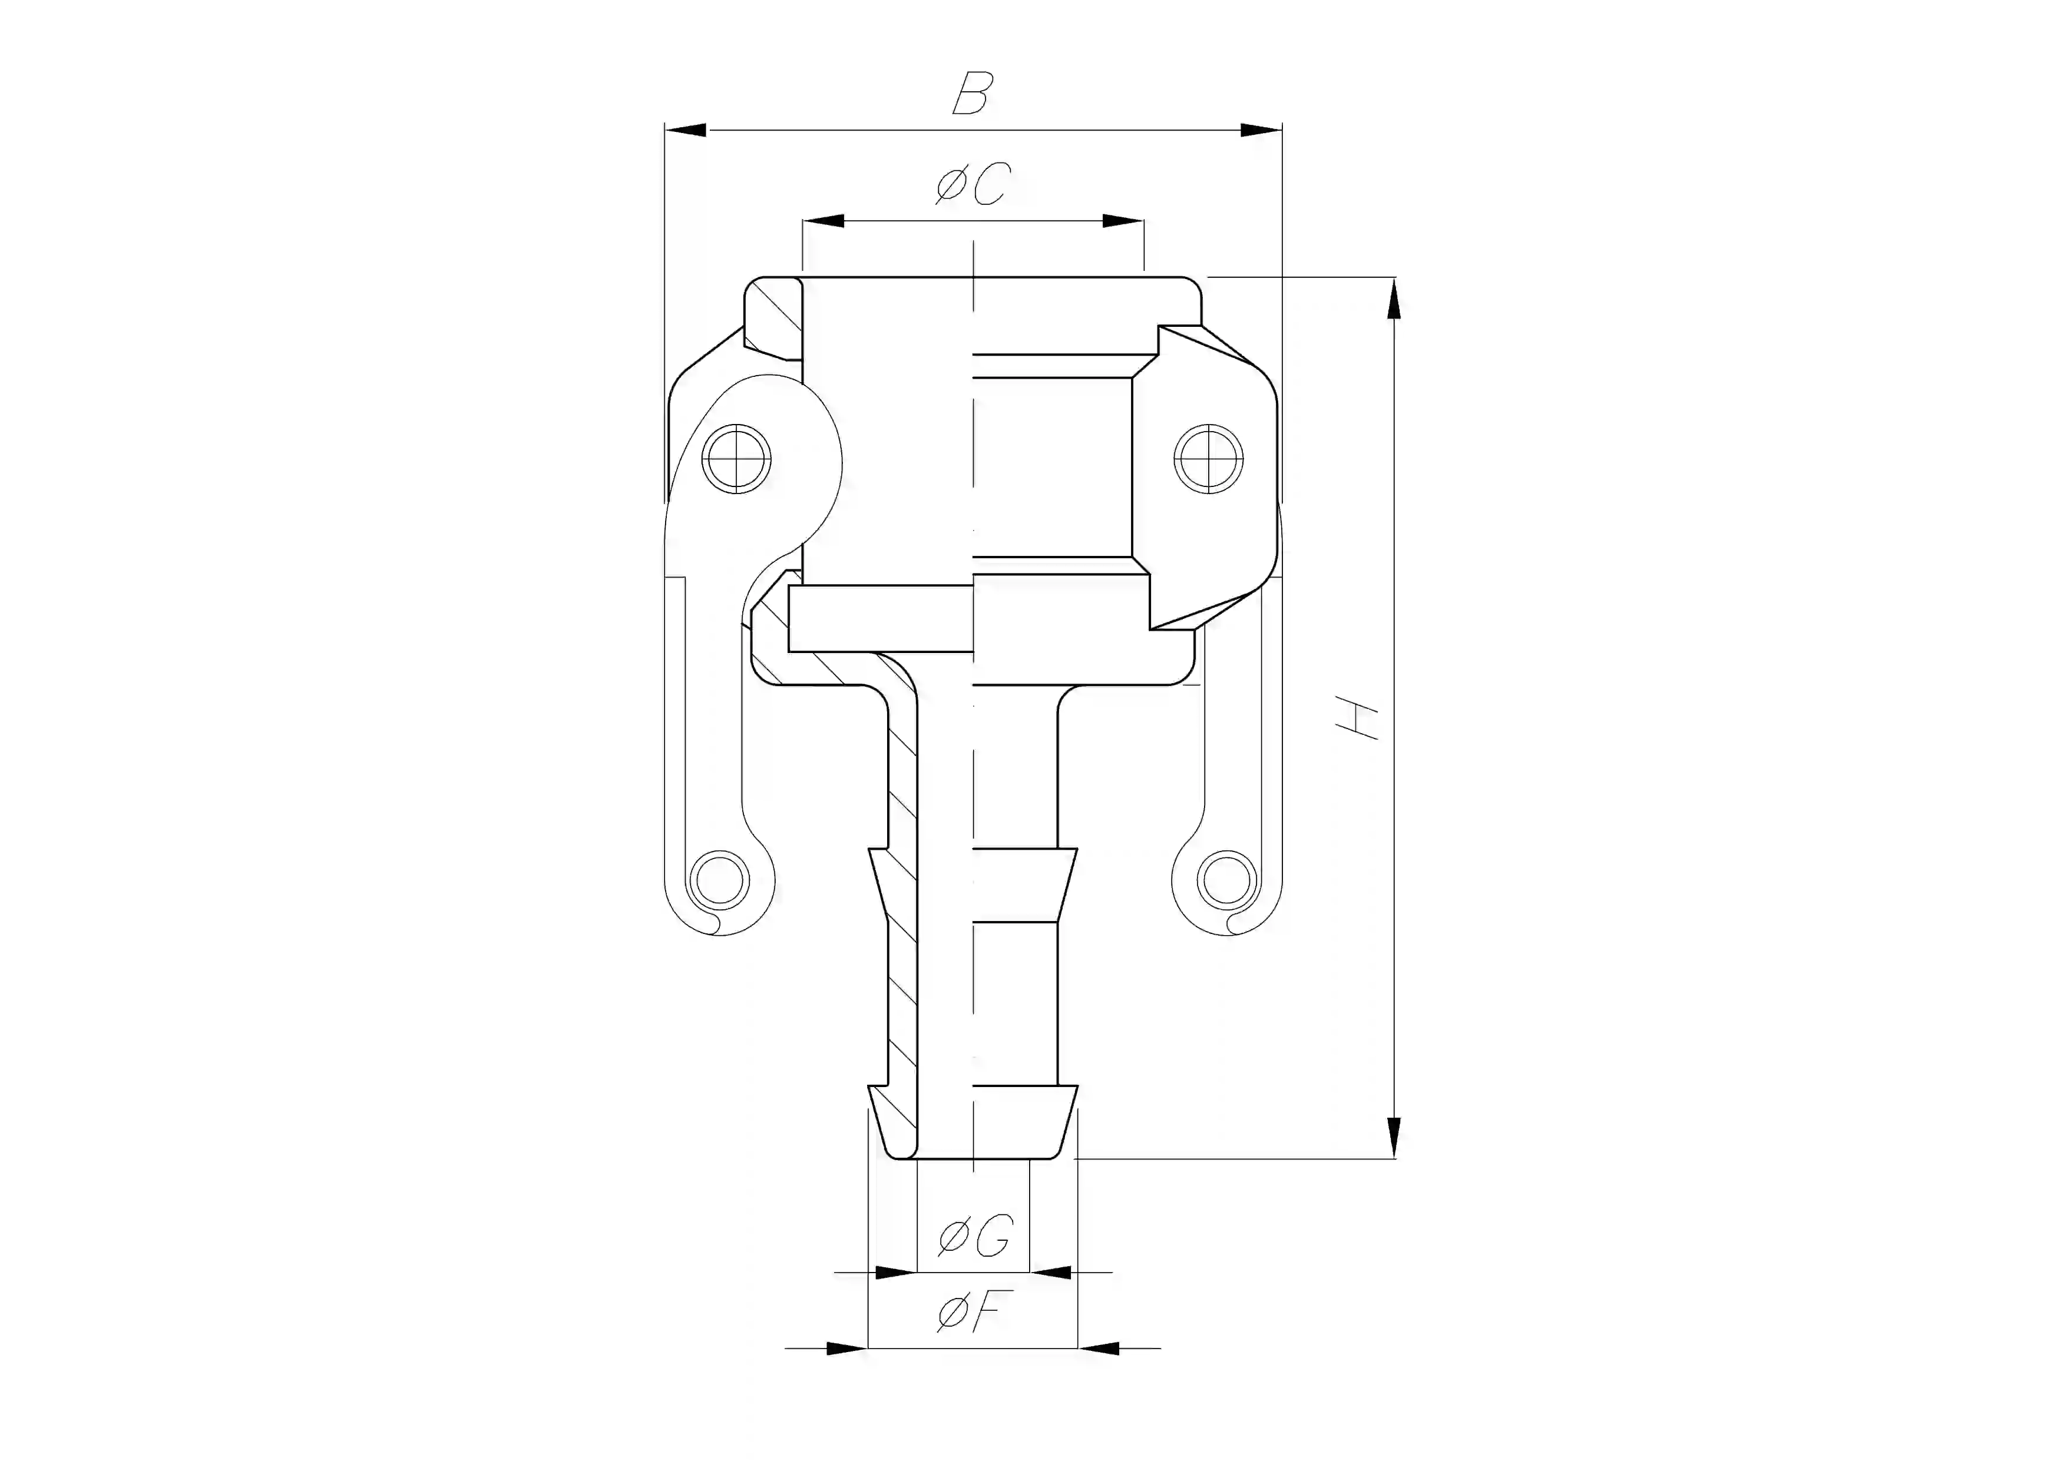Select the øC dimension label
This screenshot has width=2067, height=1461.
(973, 184)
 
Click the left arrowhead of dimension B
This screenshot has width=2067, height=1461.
(686, 131)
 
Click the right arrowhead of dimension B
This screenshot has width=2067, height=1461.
(1261, 131)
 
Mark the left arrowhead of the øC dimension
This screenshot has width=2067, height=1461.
(824, 221)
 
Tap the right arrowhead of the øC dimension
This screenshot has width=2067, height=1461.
(1123, 221)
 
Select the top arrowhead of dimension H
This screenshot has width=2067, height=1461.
(1394, 299)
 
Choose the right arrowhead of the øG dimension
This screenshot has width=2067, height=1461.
(1051, 1273)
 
